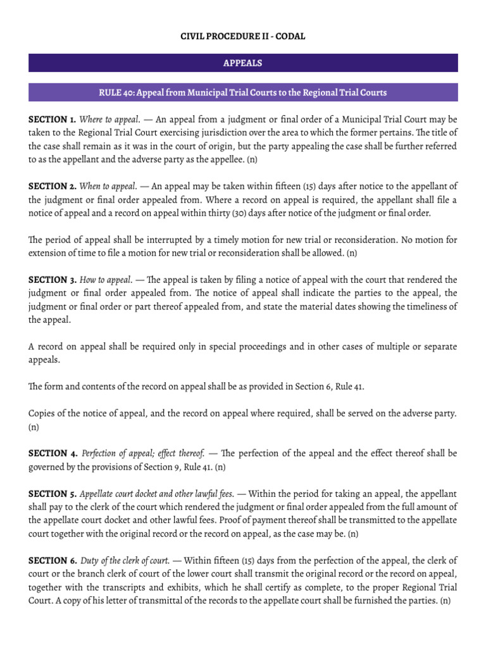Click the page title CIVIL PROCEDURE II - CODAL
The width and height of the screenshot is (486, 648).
[243, 37]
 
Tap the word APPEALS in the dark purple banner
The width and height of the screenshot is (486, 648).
[243, 63]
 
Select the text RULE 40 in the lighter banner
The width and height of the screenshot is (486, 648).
[116, 92]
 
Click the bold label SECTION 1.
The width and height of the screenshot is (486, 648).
[52, 119]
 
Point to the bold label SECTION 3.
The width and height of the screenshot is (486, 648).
[52, 279]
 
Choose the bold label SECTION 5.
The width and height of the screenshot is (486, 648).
[52, 493]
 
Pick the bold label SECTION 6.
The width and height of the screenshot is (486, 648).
[52, 560]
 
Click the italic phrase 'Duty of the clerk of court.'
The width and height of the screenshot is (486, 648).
[125, 560]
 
